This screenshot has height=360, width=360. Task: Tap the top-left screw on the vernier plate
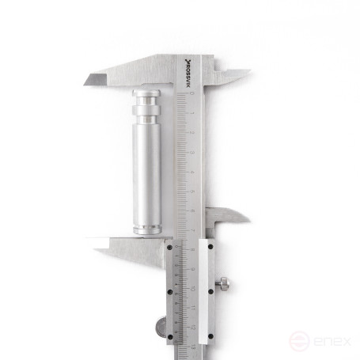169,248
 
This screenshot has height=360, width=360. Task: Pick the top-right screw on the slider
210,248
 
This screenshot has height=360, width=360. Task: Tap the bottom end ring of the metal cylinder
146,229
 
